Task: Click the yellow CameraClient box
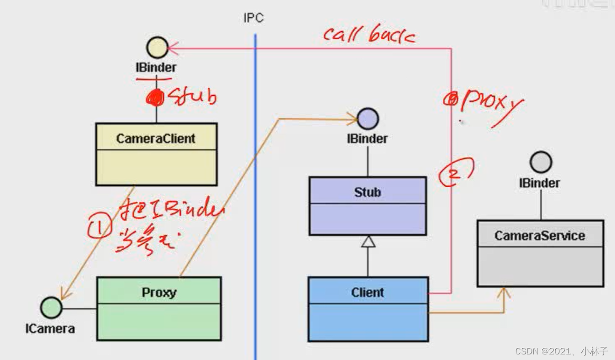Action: coord(156,154)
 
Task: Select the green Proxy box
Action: coord(159,308)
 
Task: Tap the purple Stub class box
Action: coord(368,205)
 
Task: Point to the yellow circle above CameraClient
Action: coord(157,48)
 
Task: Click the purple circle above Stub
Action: coord(367,119)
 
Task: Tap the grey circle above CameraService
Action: coord(541,162)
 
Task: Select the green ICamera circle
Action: coord(51,308)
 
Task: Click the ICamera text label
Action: coord(50,329)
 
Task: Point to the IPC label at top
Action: coord(253,18)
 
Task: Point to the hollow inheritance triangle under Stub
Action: coord(368,241)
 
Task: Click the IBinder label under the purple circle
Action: coord(367,139)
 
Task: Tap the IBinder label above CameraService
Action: coord(539,183)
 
